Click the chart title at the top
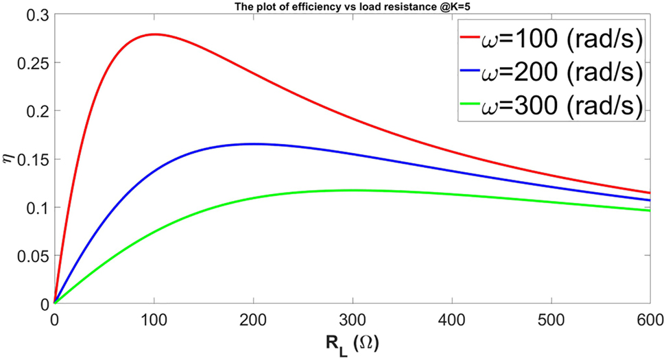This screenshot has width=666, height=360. click(352, 5)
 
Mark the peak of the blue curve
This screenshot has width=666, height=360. click(252, 143)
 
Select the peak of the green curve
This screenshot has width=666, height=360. click(352, 190)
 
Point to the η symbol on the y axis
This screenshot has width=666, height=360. click(9, 159)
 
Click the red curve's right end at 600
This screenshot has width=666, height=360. click(649, 193)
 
